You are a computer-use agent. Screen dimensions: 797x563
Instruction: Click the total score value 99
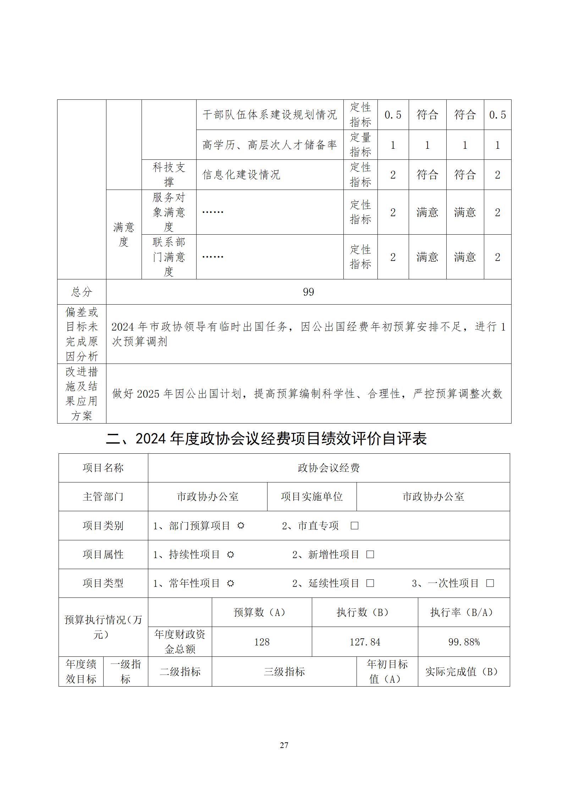[x=308, y=292]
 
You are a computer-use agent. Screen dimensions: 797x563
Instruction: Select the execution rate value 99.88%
[x=464, y=642]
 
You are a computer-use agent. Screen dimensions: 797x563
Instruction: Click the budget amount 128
[x=262, y=642]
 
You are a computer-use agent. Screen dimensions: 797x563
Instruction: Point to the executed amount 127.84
[x=365, y=642]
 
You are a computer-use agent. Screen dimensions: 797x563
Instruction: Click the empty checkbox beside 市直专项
[x=354, y=526]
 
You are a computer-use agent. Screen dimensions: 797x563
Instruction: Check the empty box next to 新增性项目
[x=370, y=555]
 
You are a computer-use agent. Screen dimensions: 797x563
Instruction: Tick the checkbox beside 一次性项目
[x=490, y=583]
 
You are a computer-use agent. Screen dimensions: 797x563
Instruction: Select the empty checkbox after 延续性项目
[x=370, y=583]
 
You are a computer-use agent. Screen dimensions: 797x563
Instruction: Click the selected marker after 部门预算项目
[x=241, y=526]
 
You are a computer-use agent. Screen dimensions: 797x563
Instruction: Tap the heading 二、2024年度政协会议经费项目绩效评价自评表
[x=266, y=439]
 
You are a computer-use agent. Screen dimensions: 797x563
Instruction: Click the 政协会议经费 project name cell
[x=329, y=468]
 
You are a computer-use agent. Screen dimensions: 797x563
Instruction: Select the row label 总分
[x=82, y=292]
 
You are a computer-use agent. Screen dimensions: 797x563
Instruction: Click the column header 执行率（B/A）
[x=464, y=612]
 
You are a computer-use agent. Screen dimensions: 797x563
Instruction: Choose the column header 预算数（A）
[x=262, y=612]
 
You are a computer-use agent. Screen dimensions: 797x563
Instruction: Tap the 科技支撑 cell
[x=169, y=175]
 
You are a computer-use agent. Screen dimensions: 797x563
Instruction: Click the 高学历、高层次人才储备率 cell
[x=270, y=145]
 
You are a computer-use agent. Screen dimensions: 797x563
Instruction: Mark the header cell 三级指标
[x=284, y=672]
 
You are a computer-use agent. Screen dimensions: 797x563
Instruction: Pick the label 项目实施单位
[x=312, y=497]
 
